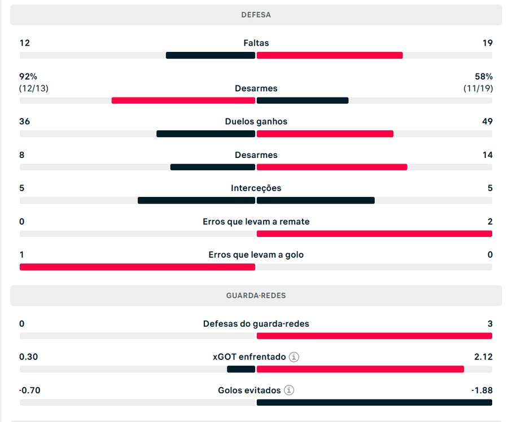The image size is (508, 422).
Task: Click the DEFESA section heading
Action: [256, 15]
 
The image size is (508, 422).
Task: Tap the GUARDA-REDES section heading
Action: [256, 296]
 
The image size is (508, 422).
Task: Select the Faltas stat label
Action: [256, 43]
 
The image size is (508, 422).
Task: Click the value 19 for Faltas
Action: [487, 43]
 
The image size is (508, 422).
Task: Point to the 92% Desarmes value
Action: [28, 76]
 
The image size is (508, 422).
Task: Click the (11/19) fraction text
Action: [478, 88]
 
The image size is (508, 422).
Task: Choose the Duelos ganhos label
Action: [256, 121]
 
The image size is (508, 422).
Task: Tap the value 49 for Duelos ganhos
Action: [487, 121]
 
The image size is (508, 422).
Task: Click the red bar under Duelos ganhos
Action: [325, 134]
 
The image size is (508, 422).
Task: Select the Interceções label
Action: [256, 188]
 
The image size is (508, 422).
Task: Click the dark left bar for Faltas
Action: [210, 55]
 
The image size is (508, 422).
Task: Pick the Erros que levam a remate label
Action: [256, 221]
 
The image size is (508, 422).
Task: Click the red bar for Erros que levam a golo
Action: [137, 267]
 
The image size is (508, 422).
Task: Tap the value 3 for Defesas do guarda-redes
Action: [490, 324]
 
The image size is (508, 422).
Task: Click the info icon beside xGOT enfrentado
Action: [294, 357]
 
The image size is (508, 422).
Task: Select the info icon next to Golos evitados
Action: [289, 390]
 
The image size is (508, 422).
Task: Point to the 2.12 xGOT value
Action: [483, 357]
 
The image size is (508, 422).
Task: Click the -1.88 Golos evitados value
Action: [481, 390]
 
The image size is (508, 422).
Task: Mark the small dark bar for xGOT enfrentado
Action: [241, 369]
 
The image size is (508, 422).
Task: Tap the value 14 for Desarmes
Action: [487, 155]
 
